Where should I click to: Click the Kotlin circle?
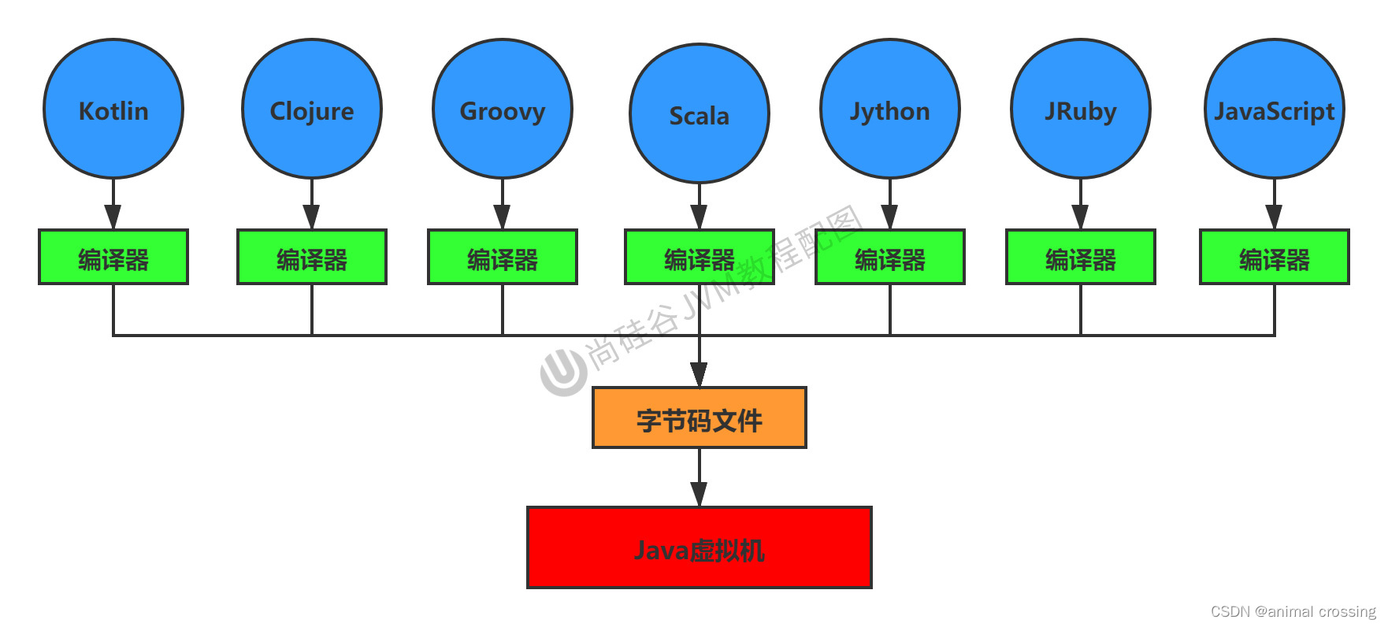pos(113,109)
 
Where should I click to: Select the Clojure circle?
pos(312,109)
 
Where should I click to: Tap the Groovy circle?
pos(503,109)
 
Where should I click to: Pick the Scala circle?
pos(700,113)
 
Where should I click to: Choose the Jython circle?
pos(890,109)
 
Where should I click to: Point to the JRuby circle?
pos(1081,109)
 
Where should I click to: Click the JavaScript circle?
pos(1275,109)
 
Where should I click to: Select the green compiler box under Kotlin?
pos(113,257)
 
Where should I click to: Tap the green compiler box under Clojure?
pos(312,257)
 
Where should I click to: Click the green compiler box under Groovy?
pos(503,257)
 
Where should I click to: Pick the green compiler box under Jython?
pos(890,257)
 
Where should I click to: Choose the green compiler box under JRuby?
pos(1081,257)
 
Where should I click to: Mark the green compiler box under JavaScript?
pos(1275,257)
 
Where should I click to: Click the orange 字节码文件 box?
pos(700,418)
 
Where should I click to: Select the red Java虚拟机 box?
pos(700,547)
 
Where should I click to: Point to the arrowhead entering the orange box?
pos(700,374)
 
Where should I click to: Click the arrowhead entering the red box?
pos(700,494)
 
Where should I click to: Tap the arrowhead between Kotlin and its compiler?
pos(113,216)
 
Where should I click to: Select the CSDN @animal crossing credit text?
pos(1293,611)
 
